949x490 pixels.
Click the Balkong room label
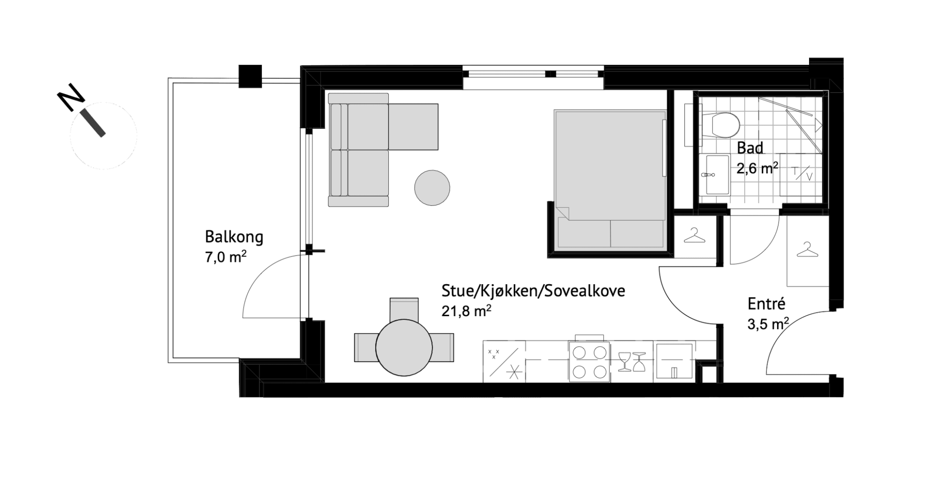(x=234, y=237)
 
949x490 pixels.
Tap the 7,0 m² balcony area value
(x=225, y=256)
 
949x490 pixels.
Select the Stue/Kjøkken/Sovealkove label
(x=533, y=291)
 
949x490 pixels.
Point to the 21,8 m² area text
(x=466, y=311)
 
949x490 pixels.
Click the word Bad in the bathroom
(x=750, y=148)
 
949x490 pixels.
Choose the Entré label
(x=766, y=304)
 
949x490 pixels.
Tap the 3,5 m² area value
(x=768, y=324)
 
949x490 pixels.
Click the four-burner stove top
(x=589, y=362)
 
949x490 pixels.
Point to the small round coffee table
(x=432, y=188)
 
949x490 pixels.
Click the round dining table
(x=404, y=348)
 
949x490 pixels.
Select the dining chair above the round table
(x=404, y=309)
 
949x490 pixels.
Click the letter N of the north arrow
(x=70, y=98)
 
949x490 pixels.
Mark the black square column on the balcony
(x=250, y=76)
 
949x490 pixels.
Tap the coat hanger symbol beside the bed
(x=694, y=236)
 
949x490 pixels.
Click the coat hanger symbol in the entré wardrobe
(x=808, y=250)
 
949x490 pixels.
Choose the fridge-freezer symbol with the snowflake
(x=504, y=362)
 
